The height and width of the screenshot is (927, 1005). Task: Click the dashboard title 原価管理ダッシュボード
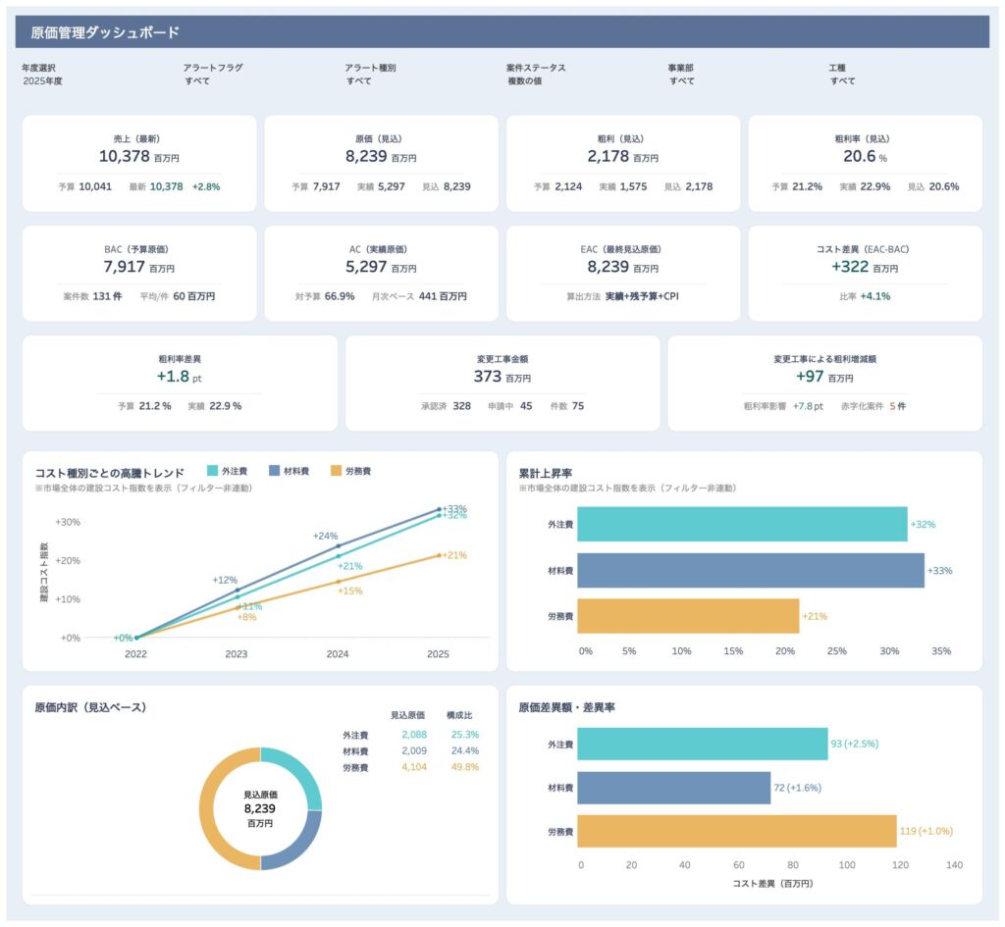(105, 32)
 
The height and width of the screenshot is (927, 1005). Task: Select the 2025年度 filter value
(43, 81)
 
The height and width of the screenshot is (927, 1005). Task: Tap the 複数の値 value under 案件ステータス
(525, 81)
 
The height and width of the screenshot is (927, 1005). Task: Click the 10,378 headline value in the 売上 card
(125, 156)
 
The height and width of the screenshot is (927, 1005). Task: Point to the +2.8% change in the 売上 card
(206, 187)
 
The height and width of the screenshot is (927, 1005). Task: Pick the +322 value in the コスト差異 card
(850, 267)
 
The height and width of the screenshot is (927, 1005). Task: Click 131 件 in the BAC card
(107, 296)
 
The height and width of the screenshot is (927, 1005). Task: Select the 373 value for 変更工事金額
(487, 376)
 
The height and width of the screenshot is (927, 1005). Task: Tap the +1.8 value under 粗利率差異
(173, 376)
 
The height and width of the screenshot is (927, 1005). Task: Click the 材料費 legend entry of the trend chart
(290, 471)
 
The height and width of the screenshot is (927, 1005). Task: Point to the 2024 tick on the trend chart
(338, 654)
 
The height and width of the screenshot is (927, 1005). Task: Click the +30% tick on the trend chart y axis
(68, 522)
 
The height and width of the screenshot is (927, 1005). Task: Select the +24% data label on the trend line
(325, 537)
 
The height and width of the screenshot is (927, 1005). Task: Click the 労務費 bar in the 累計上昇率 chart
(688, 616)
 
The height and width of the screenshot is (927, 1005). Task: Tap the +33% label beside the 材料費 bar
(939, 571)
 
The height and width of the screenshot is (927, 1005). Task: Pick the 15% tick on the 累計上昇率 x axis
(733, 651)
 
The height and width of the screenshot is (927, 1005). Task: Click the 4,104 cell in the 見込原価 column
(414, 767)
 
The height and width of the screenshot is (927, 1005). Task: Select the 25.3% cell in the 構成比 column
(464, 735)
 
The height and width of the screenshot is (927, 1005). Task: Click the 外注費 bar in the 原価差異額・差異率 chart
(703, 744)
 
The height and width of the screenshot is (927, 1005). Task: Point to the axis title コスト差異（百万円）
(773, 884)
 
